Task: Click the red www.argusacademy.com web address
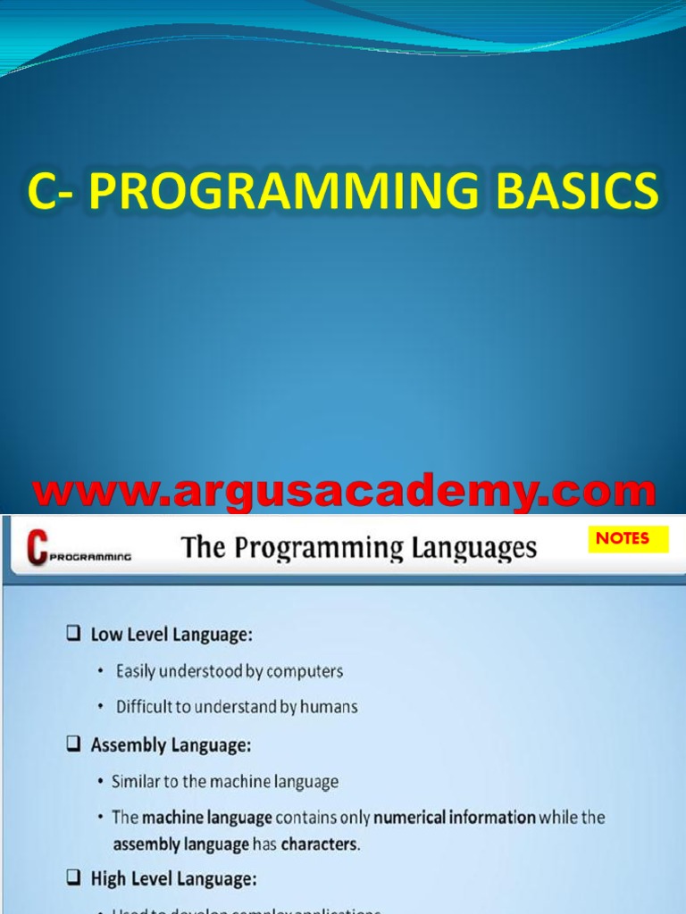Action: [x=344, y=493]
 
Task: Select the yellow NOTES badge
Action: [x=623, y=539]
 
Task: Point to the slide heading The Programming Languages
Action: [x=359, y=547]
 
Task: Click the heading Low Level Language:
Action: [x=171, y=635]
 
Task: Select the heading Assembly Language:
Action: [x=171, y=744]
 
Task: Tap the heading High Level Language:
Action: [x=173, y=879]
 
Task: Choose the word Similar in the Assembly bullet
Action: [x=137, y=782]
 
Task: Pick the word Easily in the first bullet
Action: [x=138, y=670]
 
